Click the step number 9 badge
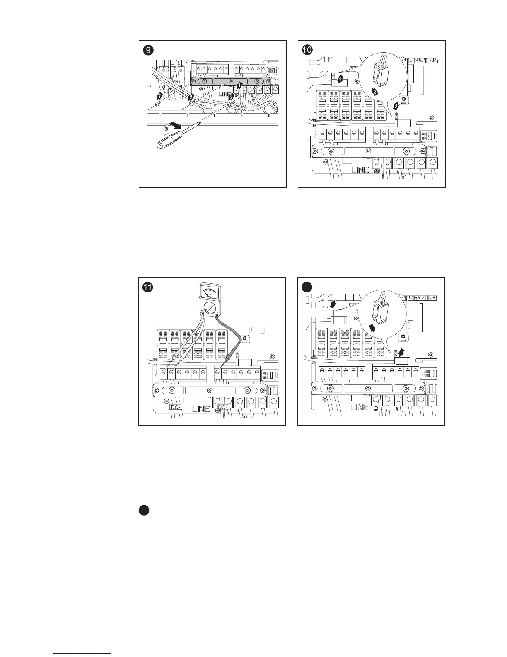tap(148, 50)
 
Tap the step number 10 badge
tap(308, 50)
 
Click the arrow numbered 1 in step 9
tap(239, 86)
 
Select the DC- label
tap(175, 408)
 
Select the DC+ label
tap(223, 408)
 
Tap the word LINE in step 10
tap(360, 170)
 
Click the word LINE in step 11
tap(201, 409)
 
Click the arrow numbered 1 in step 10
tap(340, 78)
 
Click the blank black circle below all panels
tap(144, 511)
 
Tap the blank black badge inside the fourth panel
tap(307, 287)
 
